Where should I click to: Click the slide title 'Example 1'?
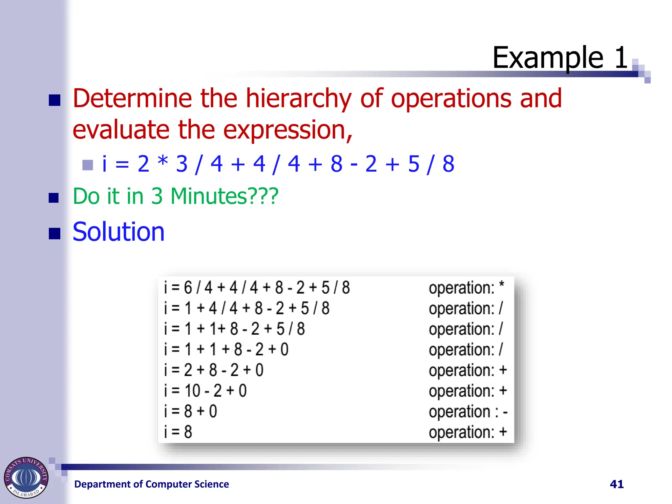coord(560,58)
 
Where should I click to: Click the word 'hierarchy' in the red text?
coord(298,98)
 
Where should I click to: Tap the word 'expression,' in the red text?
coord(287,130)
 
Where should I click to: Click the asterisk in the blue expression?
coord(163,162)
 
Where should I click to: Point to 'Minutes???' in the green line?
coord(224,196)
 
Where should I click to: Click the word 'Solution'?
coord(118,232)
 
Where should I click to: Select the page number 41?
coord(617,484)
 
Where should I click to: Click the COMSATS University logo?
coord(26,477)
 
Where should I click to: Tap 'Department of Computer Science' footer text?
coord(152,484)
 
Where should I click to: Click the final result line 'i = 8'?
coord(178,432)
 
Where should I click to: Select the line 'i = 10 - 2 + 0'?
coord(205,391)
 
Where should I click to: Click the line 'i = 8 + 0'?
coord(191,411)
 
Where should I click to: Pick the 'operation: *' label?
coord(466,288)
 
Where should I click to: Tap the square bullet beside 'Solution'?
coord(54,234)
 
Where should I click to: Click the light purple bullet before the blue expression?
coord(88,165)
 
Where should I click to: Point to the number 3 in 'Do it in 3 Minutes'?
coord(157,196)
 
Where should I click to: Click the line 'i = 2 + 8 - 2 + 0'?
coord(214,370)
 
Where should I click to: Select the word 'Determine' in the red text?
coord(132,98)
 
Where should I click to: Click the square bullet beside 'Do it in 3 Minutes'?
coord(53,198)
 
